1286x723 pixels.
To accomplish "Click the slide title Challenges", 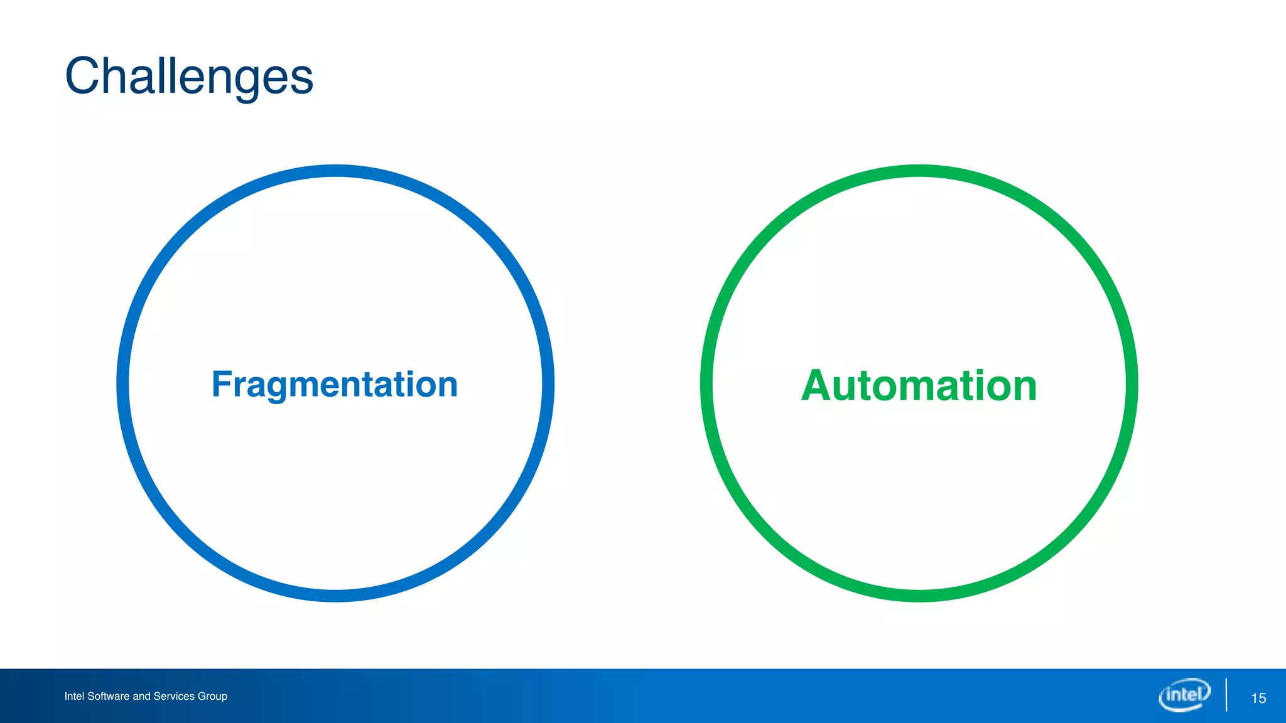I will tap(188, 76).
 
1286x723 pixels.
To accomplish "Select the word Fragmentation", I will tap(335, 384).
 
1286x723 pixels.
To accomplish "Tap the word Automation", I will tap(919, 385).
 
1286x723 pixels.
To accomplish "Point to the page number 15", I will tap(1258, 698).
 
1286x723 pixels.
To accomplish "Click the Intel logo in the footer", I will tap(1184, 695).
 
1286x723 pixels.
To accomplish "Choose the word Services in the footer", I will tap(174, 696).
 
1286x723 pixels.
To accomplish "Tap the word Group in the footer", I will tap(212, 696).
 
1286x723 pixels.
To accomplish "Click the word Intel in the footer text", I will tap(74, 696).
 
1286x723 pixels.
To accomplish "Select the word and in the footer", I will tap(141, 696).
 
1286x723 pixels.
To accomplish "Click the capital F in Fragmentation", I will tap(222, 384).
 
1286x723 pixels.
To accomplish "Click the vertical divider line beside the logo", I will tap(1226, 695).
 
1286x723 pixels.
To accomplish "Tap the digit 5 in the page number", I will tap(1262, 698).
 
